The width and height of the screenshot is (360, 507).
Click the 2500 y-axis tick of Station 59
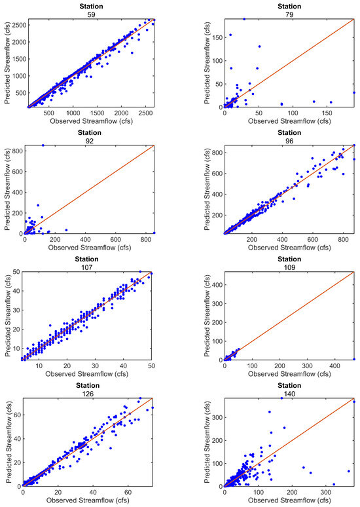pyautogui.click(x=13, y=25)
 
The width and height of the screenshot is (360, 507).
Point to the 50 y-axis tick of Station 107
pyautogui.click(x=17, y=272)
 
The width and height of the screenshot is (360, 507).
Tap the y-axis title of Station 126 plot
pyautogui.click(x=6, y=442)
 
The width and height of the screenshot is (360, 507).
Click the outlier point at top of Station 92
pyautogui.click(x=43, y=145)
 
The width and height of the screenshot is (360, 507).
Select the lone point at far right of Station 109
pyautogui.click(x=354, y=359)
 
